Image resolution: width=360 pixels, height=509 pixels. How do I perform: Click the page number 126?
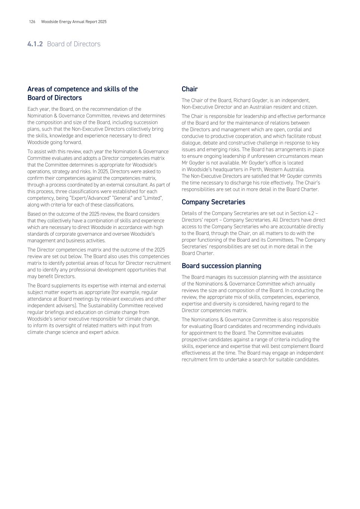[x=32, y=22]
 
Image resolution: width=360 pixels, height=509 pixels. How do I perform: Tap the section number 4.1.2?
[x=35, y=44]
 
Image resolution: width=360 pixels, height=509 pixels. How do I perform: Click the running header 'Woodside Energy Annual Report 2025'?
[x=74, y=22]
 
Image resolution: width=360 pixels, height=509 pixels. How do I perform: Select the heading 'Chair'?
[x=190, y=89]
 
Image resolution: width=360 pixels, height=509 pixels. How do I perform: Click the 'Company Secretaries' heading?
[x=213, y=202]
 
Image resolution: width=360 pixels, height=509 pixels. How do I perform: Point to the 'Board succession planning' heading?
[x=221, y=266]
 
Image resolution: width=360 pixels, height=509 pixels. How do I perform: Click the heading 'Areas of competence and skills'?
[x=83, y=89]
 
